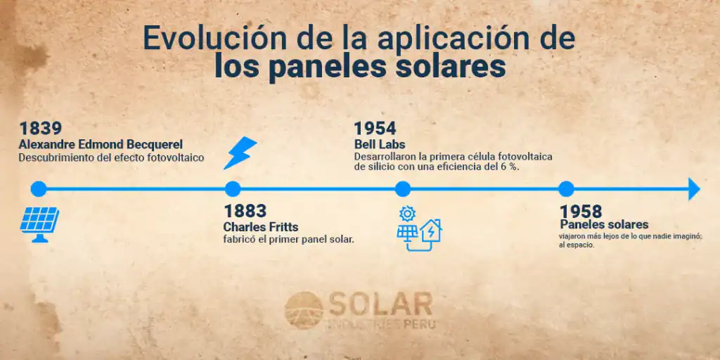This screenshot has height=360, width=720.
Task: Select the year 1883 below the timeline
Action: [x=245, y=211]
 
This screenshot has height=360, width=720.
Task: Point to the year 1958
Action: [x=580, y=212]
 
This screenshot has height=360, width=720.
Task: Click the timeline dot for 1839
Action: [x=39, y=188]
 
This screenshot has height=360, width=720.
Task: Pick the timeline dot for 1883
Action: [x=233, y=188]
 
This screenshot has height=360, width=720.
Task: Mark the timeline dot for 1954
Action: [x=403, y=188]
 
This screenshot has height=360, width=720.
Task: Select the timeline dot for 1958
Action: [x=566, y=188]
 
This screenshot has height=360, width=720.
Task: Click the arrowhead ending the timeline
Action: [x=694, y=188]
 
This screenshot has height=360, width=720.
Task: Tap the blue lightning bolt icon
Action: [x=240, y=153]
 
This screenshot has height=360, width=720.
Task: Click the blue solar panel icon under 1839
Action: [x=39, y=224]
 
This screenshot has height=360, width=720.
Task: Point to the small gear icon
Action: [x=407, y=214]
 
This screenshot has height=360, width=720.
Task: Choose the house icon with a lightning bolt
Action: [x=431, y=231]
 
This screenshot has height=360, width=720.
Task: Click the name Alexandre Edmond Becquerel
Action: [x=101, y=145]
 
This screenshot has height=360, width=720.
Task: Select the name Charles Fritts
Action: [x=261, y=227]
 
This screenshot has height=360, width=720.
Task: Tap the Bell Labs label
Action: [x=380, y=144]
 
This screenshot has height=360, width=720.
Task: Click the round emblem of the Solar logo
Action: [x=304, y=310]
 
